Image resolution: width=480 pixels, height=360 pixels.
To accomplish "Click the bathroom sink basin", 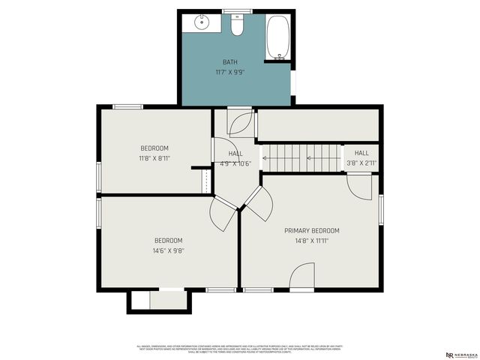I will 202,22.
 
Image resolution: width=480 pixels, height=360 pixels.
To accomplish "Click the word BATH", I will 231,61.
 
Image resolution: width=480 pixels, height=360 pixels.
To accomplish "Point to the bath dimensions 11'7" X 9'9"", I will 231,72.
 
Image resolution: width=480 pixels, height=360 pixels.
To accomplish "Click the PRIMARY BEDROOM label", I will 311,230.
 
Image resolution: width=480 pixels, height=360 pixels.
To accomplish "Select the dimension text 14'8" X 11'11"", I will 311,241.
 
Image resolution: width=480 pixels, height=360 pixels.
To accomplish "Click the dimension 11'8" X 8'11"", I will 154,158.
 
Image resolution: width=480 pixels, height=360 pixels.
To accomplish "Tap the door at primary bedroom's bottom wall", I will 301,277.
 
